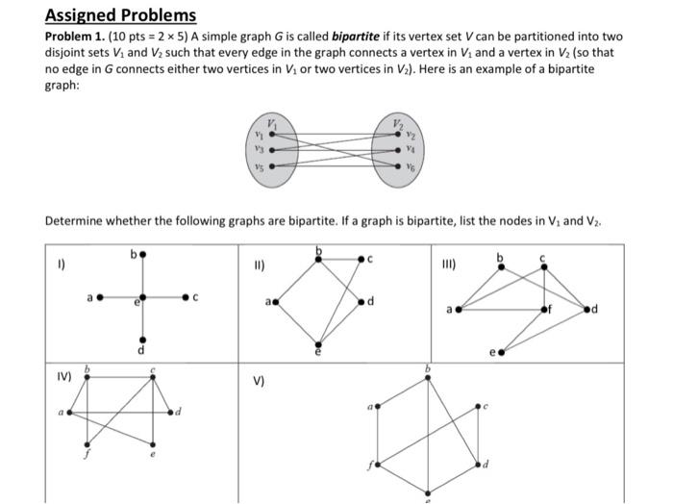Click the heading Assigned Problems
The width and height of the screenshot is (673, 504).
coord(120,15)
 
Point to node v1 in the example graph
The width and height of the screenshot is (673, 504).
coord(271,137)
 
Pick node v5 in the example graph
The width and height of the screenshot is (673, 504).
coord(271,165)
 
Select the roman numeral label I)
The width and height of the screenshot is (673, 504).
coord(62,261)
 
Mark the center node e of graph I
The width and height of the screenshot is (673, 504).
coord(142,297)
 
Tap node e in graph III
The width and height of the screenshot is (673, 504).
coord(501,352)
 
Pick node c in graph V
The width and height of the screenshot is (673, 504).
coord(478,408)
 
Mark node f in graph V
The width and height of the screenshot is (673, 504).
coord(376,464)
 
